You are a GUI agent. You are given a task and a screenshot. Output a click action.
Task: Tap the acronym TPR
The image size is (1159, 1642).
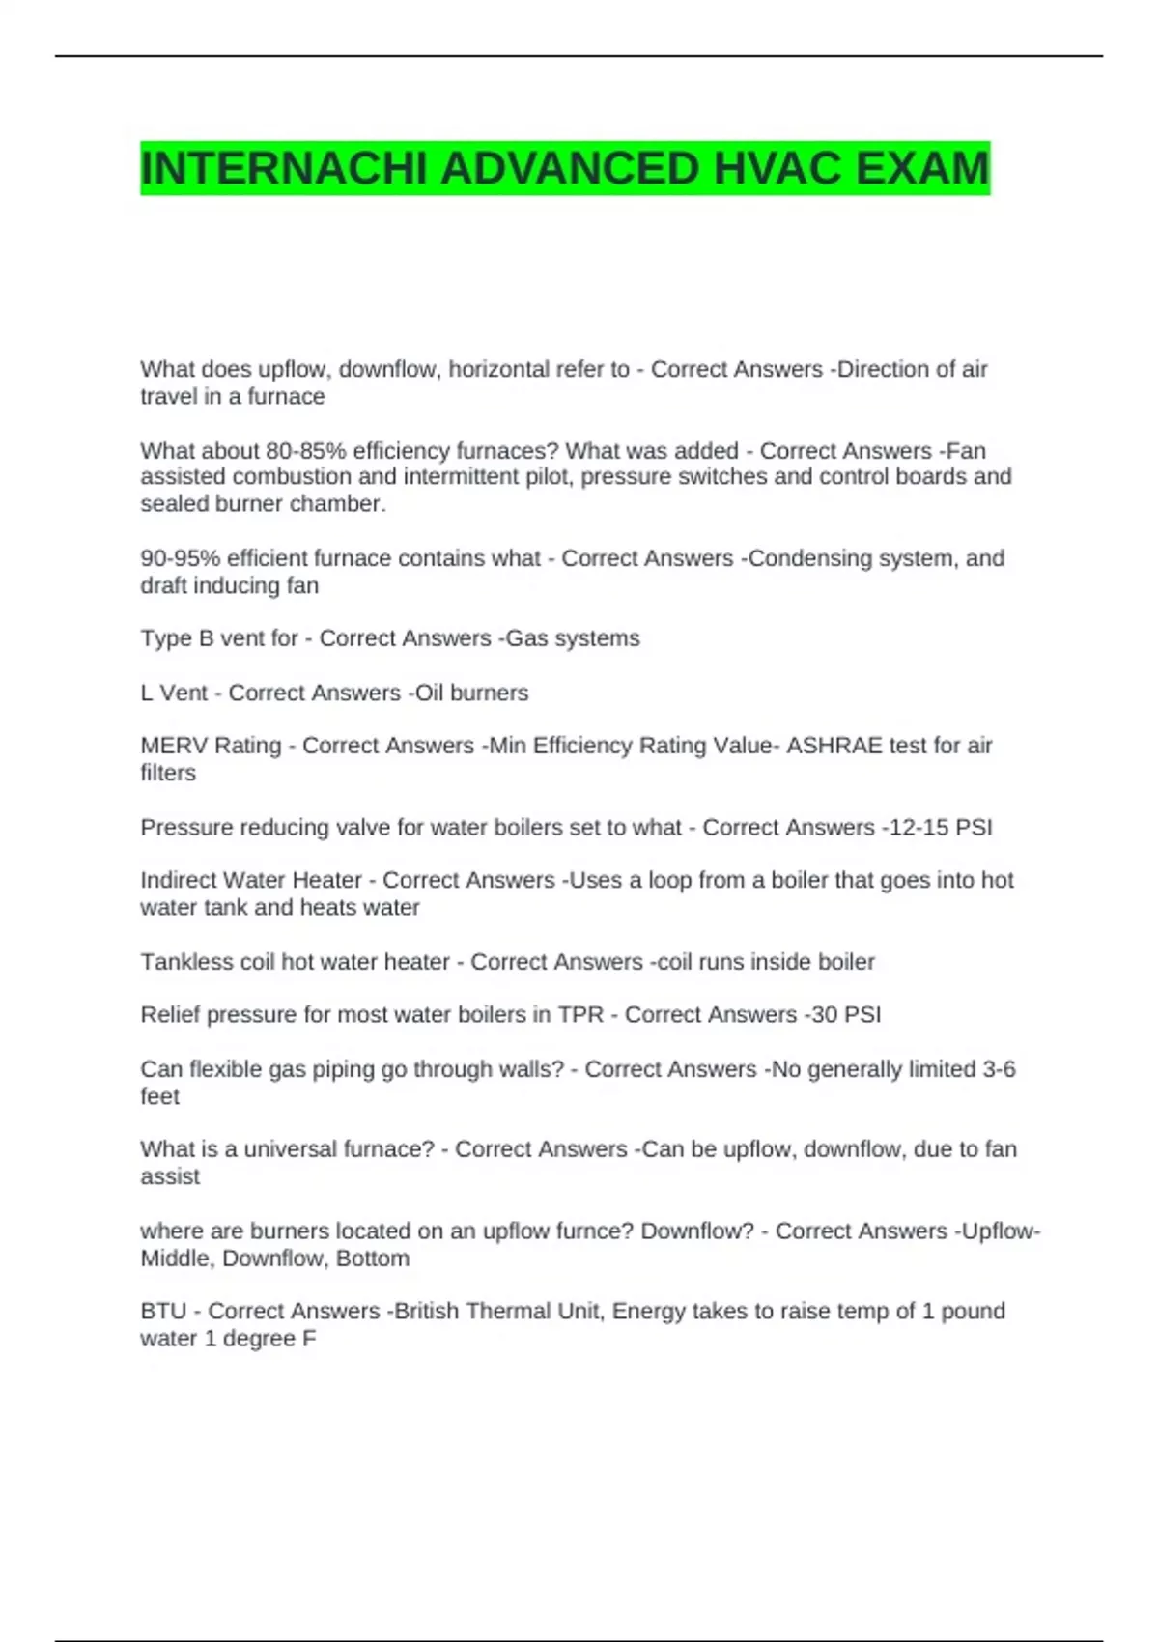coord(580,1015)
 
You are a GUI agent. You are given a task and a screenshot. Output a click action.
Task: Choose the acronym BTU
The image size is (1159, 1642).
coord(163,1312)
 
